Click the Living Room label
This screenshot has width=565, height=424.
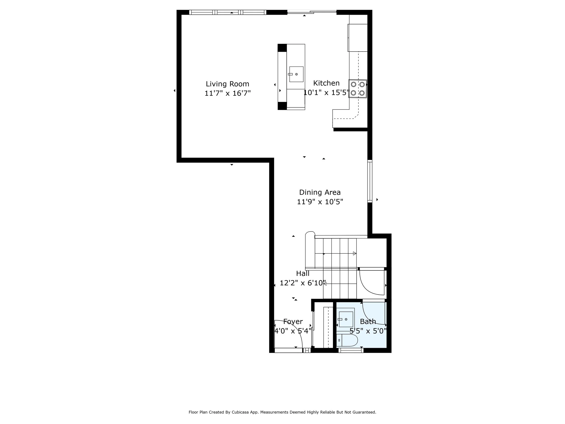tap(227, 84)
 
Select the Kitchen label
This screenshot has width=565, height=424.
tap(326, 83)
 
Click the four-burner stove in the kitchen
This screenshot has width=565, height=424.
tap(358, 89)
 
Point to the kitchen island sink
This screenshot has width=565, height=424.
tap(296, 74)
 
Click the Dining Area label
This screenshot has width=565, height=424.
tap(320, 192)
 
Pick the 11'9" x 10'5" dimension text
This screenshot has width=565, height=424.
tap(320, 202)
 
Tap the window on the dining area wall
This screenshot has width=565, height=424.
tap(370, 181)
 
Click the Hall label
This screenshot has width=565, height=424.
tap(303, 273)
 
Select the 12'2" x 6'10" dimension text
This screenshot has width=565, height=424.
tap(303, 283)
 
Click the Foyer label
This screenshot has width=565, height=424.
tap(293, 322)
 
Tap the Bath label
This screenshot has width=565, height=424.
tap(368, 322)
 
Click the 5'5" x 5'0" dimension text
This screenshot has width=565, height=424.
tap(368, 331)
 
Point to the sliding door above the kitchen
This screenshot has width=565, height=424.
tap(312, 12)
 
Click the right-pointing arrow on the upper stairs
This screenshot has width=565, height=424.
tap(355, 253)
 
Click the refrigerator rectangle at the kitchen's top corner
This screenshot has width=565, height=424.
tap(358, 38)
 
